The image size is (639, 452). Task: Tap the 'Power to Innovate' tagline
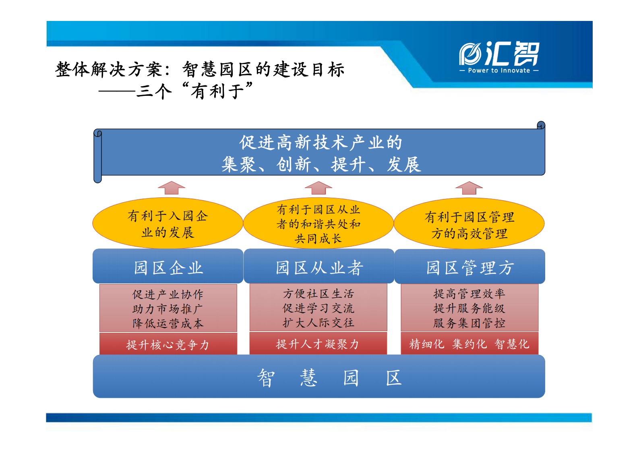point(499,70)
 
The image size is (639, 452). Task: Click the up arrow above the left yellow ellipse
point(172,188)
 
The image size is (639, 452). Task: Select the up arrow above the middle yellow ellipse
point(318,188)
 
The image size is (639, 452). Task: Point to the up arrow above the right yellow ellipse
point(469,188)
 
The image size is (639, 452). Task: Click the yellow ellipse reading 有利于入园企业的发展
point(168,224)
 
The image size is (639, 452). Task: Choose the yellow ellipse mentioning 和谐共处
point(318,224)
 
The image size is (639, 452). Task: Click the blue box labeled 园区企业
point(168,267)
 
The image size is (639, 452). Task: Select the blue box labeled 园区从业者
point(319,267)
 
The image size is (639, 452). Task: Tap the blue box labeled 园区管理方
point(469,267)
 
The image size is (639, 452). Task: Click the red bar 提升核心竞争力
point(168,344)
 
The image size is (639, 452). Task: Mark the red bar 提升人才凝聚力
point(318,344)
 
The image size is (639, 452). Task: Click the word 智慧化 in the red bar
point(512,344)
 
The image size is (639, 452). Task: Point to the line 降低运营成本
point(168,323)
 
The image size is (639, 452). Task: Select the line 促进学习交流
point(318,308)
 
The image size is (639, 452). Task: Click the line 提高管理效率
point(469,294)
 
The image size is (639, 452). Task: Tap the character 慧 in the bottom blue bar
point(308,378)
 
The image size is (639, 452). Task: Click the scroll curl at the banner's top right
point(541,125)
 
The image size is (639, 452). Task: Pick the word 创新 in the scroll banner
point(294,165)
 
